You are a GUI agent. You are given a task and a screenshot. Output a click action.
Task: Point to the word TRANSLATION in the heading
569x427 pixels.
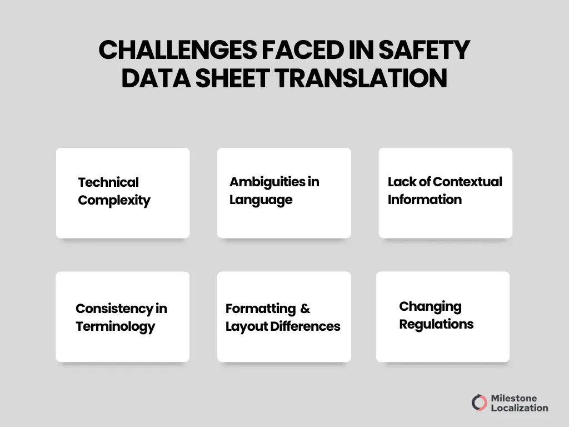(x=361, y=78)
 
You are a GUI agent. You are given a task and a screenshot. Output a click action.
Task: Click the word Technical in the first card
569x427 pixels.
(x=108, y=182)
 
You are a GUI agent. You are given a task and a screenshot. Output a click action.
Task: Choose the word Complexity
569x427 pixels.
(x=114, y=200)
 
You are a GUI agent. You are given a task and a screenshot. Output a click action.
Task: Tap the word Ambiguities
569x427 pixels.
(x=266, y=182)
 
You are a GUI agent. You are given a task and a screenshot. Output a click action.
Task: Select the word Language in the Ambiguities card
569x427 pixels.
(x=261, y=200)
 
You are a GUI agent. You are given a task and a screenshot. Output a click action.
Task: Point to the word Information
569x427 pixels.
(x=425, y=200)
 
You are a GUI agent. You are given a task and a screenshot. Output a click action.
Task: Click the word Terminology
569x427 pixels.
(x=115, y=326)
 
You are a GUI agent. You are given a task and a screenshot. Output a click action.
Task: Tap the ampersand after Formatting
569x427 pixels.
(x=305, y=309)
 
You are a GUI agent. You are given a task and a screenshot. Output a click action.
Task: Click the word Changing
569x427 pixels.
(x=430, y=306)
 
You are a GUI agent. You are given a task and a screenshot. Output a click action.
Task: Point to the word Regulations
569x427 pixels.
(x=436, y=324)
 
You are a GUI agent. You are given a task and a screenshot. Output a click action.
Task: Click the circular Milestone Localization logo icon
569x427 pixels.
(x=480, y=403)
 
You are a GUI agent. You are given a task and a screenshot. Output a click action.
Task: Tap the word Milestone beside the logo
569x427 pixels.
(x=514, y=398)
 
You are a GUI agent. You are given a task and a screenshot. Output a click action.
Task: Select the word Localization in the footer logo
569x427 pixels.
(x=520, y=408)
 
